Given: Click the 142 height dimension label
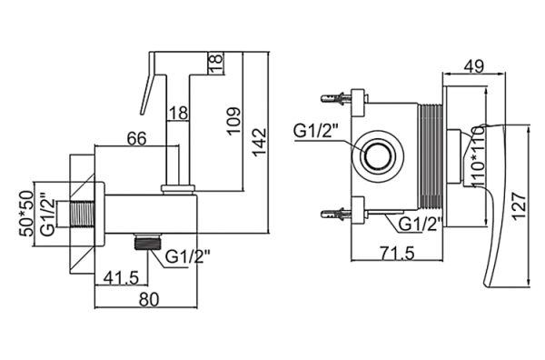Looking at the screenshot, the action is tap(260, 143).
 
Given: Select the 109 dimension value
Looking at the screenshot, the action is tap(233, 121).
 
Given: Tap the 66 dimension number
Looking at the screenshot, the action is tap(136, 138).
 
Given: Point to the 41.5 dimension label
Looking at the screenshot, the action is tap(122, 277).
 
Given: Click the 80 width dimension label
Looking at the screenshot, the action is tap(149, 299).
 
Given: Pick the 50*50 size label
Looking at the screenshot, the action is tap(26, 215).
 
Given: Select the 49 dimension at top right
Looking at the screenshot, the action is tap(474, 66).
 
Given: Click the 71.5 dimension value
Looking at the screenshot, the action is tap(398, 253).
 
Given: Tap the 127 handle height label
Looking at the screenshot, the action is tap(520, 205).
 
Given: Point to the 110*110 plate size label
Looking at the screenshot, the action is tap(479, 156).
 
